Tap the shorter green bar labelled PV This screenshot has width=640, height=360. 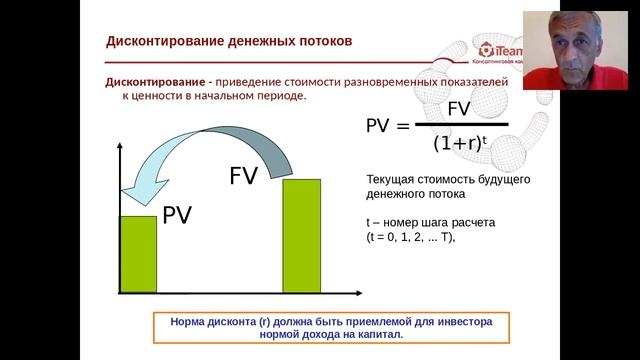(x=138, y=255)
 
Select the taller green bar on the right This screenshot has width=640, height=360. (x=302, y=237)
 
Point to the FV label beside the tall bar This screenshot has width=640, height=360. (x=244, y=176)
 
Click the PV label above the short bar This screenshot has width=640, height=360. (x=177, y=214)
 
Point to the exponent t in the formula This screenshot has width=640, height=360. (x=484, y=139)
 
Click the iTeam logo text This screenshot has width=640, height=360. (x=500, y=48)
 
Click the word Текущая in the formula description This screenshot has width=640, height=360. (x=394, y=180)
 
